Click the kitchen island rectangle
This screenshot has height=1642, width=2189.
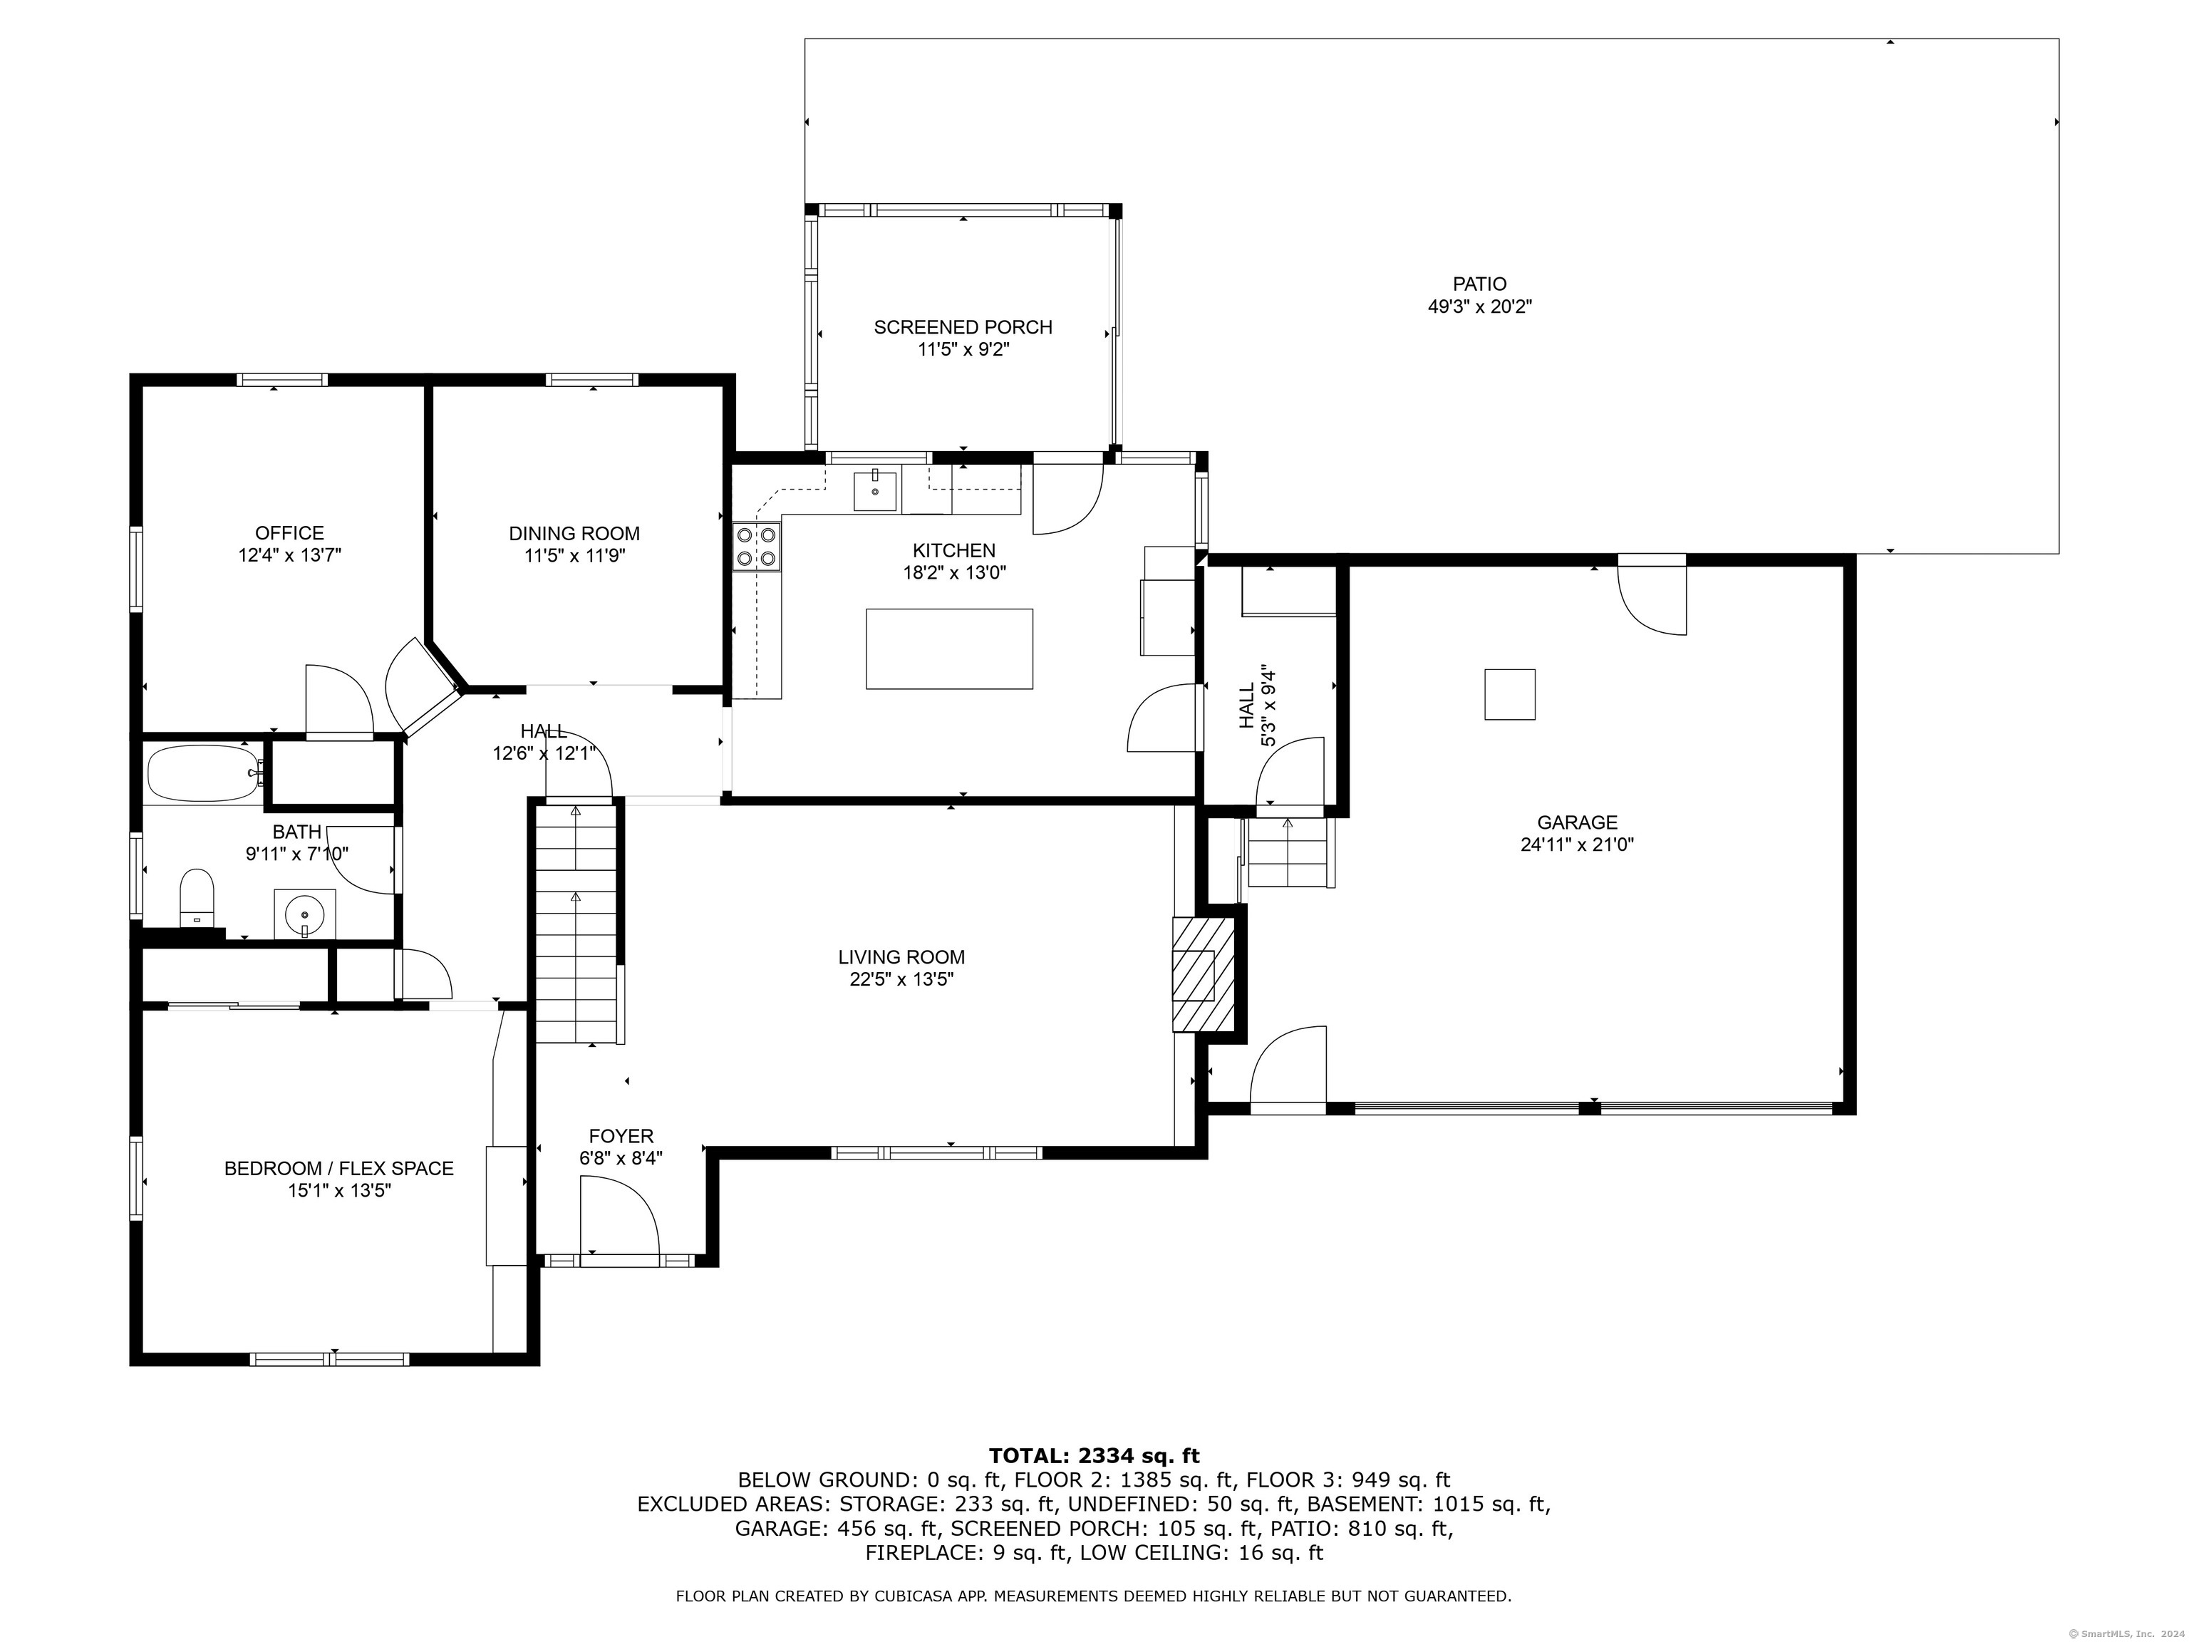coord(949,649)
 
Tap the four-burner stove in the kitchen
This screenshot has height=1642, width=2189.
coord(756,547)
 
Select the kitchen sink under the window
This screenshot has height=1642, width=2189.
coord(876,492)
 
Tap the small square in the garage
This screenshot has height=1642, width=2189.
coord(1509,694)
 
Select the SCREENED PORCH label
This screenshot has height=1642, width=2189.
coord(963,326)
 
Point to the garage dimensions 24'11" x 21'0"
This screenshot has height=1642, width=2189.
coord(1578,845)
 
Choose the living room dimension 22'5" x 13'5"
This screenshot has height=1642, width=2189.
coord(901,980)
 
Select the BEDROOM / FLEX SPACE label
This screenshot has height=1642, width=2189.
coord(338,1168)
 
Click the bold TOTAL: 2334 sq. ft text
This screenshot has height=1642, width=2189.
coord(1094,1455)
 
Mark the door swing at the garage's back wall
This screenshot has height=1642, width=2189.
coord(1652,595)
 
